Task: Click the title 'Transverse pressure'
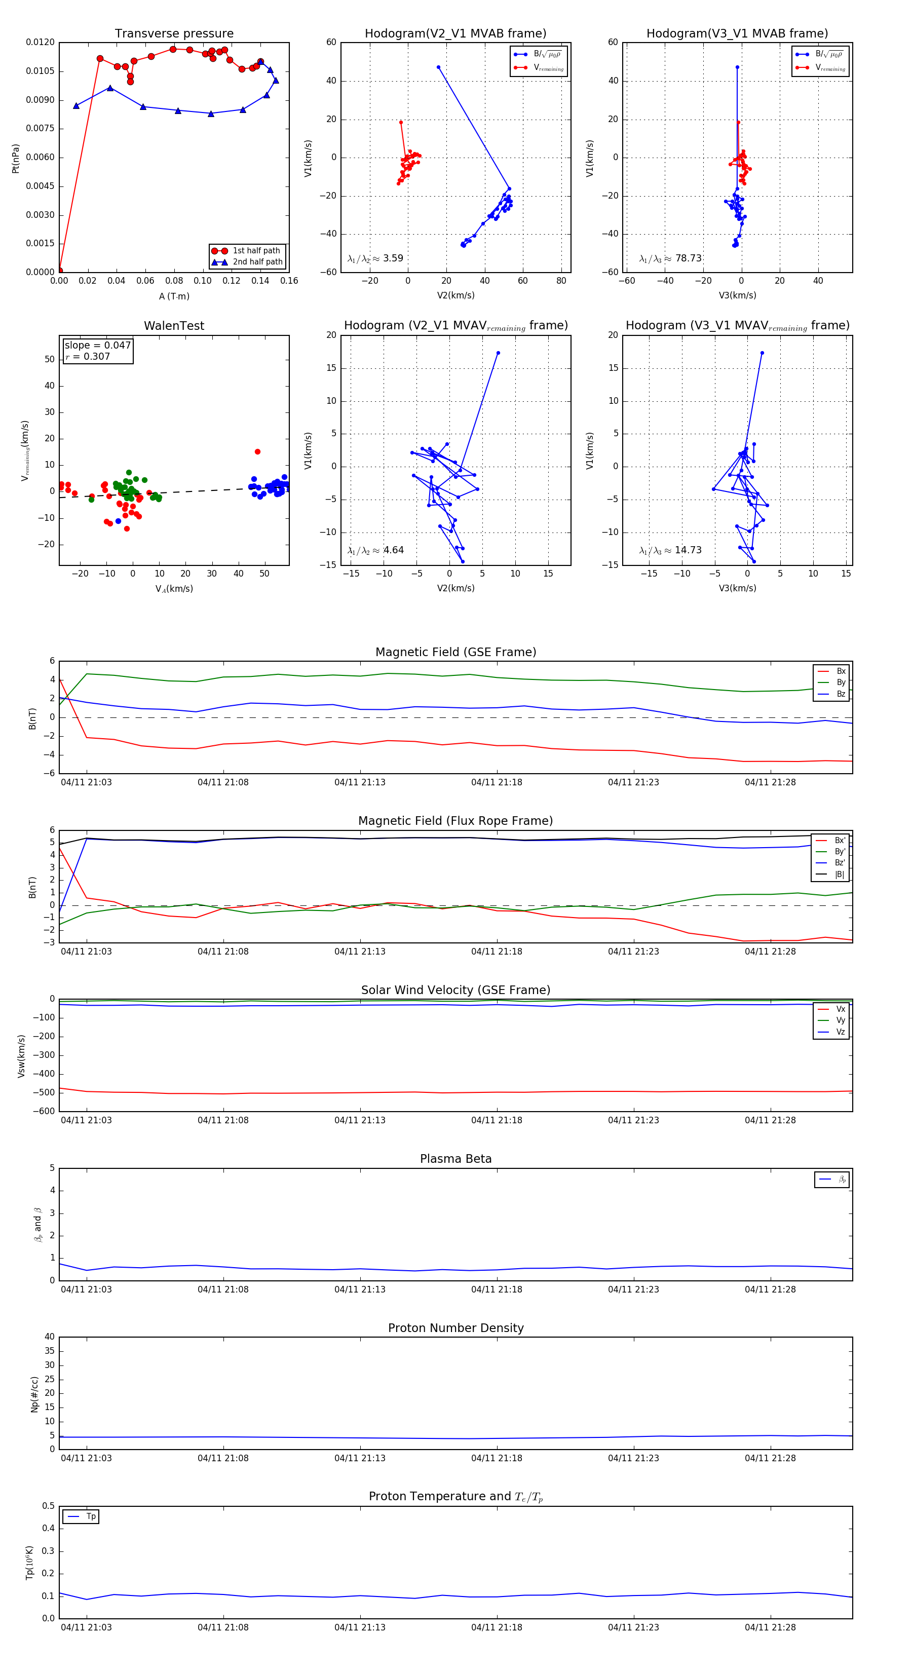coord(174,34)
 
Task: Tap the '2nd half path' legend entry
coord(257,262)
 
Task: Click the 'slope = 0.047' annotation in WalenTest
coord(97,346)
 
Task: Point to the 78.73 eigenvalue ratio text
coord(688,258)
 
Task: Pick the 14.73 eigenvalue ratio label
coord(688,550)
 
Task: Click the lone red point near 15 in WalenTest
coord(258,452)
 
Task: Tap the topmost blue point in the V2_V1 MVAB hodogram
coord(438,67)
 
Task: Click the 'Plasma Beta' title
coord(455,1159)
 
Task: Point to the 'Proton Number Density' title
coord(455,1328)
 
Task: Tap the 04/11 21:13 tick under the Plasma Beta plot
coord(360,1289)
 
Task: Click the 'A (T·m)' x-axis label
coord(174,296)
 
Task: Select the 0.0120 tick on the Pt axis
coord(40,42)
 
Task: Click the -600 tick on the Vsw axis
coord(44,1111)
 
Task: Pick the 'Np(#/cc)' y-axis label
coord(34,1394)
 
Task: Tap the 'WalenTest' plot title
coord(174,326)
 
